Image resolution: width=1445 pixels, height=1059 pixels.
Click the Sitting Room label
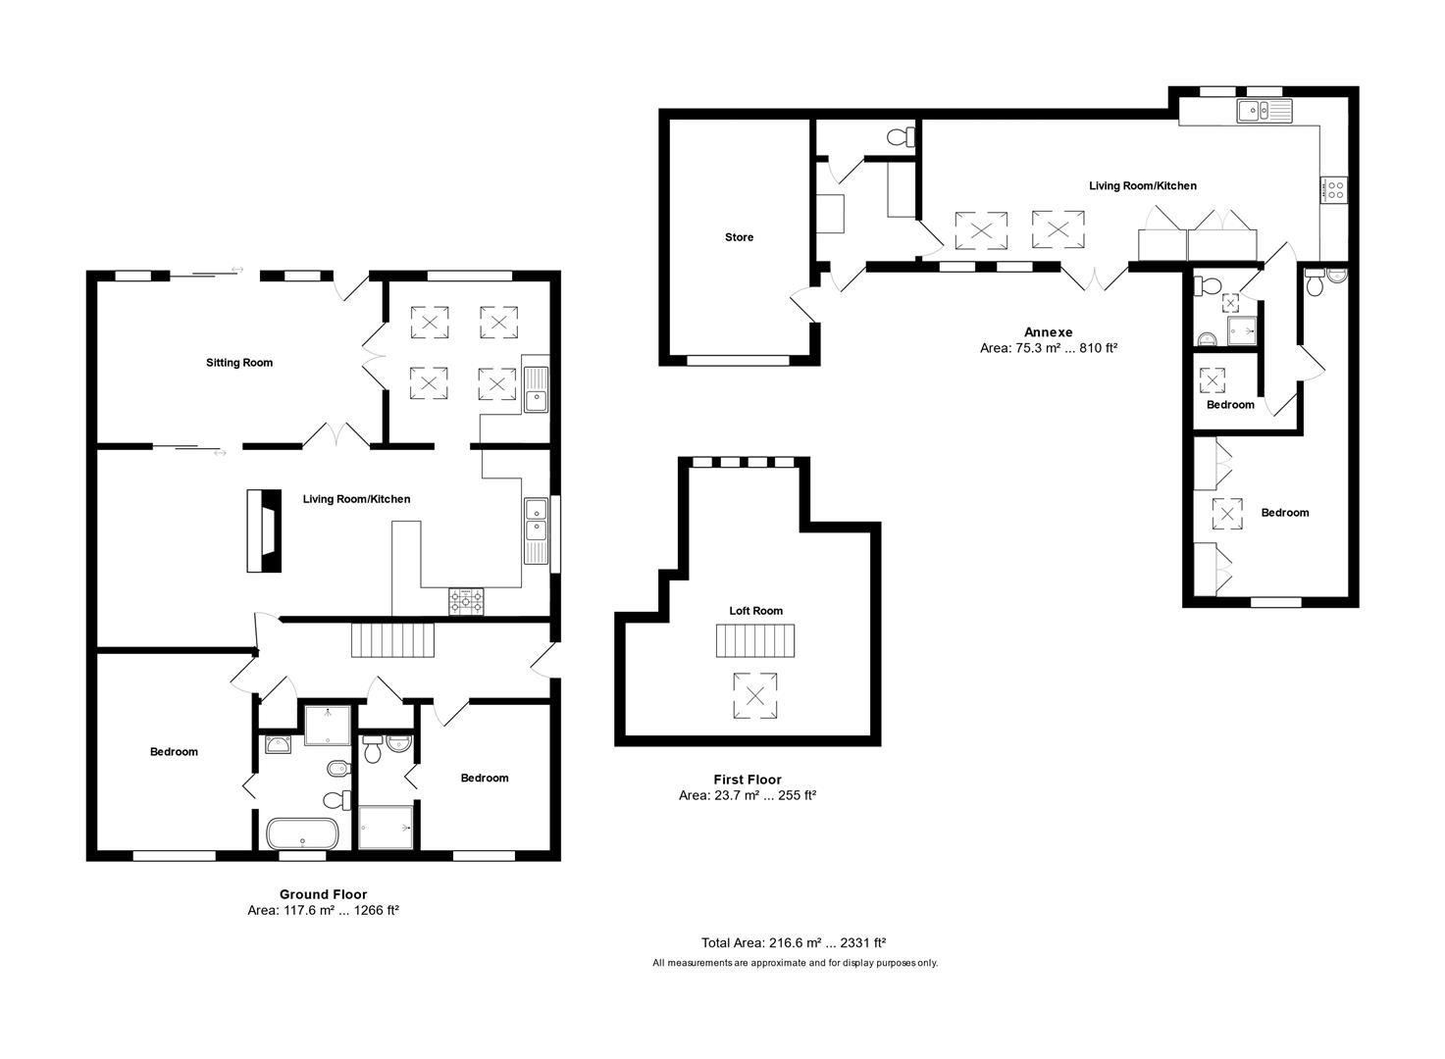pyautogui.click(x=239, y=363)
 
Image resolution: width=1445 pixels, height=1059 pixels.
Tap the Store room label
pyautogui.click(x=739, y=237)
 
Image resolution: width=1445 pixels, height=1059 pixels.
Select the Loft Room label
pyautogui.click(x=755, y=611)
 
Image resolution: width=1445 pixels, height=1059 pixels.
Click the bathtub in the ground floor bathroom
pyautogui.click(x=303, y=833)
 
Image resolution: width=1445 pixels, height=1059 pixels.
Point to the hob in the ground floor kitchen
pyautogui.click(x=466, y=600)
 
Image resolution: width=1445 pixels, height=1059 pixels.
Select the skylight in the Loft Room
pyautogui.click(x=755, y=696)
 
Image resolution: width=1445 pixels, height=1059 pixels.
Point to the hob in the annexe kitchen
pyautogui.click(x=1334, y=189)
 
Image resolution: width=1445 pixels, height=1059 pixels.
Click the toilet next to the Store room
pyautogui.click(x=900, y=136)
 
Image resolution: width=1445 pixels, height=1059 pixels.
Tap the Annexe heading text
pyautogui.click(x=1048, y=332)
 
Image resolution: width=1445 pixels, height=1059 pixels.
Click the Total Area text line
pyautogui.click(x=793, y=943)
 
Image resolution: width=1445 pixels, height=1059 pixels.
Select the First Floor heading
pyautogui.click(x=748, y=780)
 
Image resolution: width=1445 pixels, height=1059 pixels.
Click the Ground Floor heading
pyautogui.click(x=323, y=894)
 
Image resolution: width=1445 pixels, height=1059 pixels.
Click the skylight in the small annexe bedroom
pyautogui.click(x=1213, y=379)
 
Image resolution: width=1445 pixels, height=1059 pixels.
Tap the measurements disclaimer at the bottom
pyautogui.click(x=795, y=963)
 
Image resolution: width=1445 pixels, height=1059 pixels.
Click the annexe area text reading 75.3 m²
pyautogui.click(x=1048, y=348)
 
